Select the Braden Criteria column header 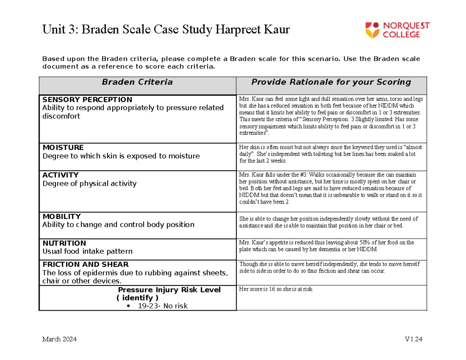(137, 82)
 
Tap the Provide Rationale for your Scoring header (331, 82)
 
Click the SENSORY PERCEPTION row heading (87, 100)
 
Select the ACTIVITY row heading (60, 175)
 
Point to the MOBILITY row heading (61, 216)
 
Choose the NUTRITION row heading (64, 243)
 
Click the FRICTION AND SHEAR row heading (85, 265)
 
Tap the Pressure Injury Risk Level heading (169, 290)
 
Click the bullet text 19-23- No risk (162, 306)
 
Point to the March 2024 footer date (59, 339)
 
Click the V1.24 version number (413, 339)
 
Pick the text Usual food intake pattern (87, 251)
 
